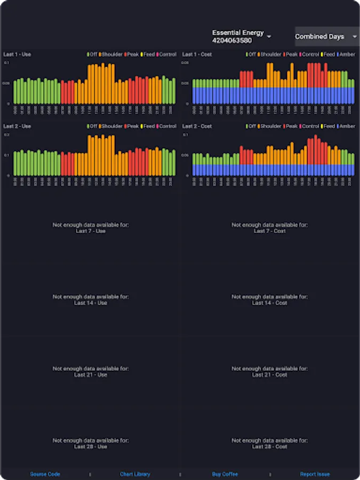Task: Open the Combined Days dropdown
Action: coord(327,37)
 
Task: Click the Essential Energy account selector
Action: coord(242,36)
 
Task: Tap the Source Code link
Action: coord(45,474)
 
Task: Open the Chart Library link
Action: coord(135,474)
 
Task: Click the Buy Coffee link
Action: coord(225,474)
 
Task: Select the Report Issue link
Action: coord(315,474)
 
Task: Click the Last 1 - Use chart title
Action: coord(17,54)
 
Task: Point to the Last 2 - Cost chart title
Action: coord(197,126)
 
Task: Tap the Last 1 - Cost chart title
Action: coord(197,54)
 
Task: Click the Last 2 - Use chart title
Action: coord(17,126)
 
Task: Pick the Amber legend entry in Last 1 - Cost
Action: coord(347,54)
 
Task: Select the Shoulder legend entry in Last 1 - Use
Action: coord(111,54)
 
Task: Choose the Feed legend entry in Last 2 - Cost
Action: coord(329,126)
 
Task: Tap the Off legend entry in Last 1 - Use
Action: coord(93,54)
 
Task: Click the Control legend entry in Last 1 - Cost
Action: coord(310,54)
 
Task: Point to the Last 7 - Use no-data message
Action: coord(90,228)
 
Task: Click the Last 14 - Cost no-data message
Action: coord(269,300)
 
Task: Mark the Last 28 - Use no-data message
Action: coord(90,443)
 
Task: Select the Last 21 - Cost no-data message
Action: coord(269,371)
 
